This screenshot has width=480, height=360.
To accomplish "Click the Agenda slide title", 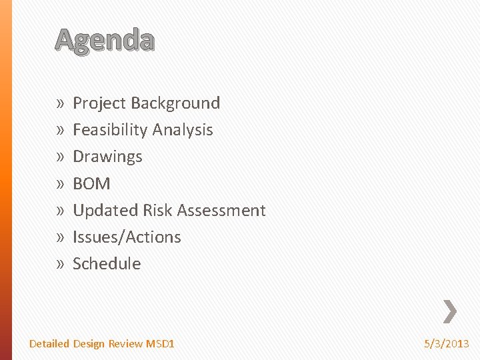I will coord(105,41).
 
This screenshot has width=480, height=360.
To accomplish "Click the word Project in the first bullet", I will coord(99,103).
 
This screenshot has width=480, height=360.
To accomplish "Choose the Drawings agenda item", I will coord(107,157).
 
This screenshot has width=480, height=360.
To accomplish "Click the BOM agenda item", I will coord(91,183).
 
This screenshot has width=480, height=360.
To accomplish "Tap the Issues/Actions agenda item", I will coord(127,237).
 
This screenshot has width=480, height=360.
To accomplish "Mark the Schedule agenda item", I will coord(107,263).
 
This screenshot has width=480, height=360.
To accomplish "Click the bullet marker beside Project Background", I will coord(60,104).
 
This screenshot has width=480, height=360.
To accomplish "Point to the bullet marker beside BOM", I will coord(60,184).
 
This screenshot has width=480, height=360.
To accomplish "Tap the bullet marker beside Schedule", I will coord(60,264).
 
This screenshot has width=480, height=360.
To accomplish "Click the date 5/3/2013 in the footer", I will coord(447,344).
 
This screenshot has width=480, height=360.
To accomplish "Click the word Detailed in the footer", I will coord(49,344).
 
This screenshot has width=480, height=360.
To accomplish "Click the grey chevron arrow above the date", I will coord(450,310).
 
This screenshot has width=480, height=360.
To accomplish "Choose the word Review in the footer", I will coord(126,344).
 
